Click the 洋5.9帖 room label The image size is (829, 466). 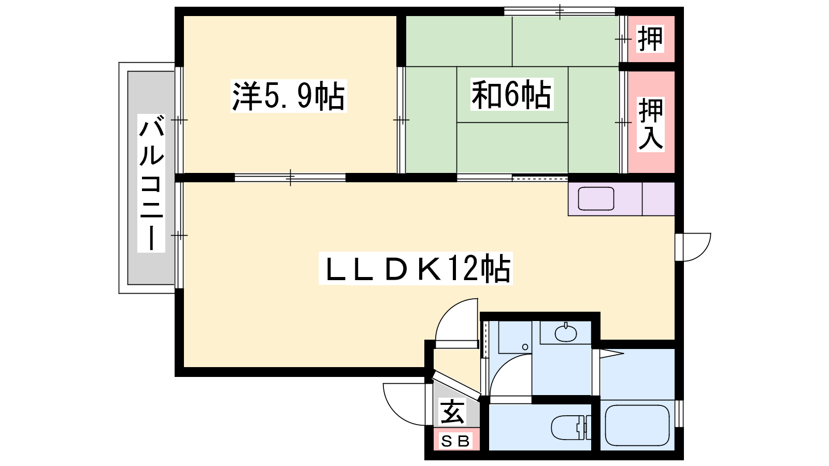click(289, 96)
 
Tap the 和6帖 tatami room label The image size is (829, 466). click(512, 94)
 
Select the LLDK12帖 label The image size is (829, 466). click(416, 268)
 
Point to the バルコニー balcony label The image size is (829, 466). click(151, 183)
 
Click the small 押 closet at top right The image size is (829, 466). click(650, 38)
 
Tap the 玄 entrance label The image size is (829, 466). click(452, 412)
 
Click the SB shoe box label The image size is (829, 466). click(455, 441)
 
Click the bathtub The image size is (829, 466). click(637, 426)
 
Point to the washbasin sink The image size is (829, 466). click(566, 333)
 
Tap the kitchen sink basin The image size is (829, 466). click(596, 199)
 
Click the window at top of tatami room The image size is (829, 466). click(560, 11)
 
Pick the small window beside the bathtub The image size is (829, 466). click(679, 414)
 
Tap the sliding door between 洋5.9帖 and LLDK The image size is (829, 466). click(290, 178)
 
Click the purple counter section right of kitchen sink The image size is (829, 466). click(659, 199)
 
